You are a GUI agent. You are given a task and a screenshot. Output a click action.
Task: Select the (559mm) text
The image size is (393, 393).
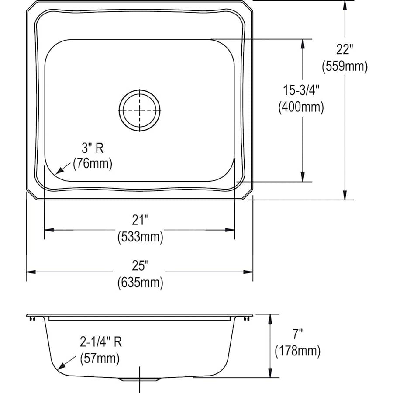(345, 66)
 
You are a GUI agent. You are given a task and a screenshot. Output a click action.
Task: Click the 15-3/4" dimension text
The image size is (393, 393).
(301, 90)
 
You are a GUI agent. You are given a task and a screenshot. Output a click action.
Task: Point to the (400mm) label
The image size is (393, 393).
(301, 107)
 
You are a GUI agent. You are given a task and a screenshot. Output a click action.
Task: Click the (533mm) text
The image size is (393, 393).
(140, 237)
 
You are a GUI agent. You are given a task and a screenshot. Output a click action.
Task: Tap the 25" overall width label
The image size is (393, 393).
(140, 265)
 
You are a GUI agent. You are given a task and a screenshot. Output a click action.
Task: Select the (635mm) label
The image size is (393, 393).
(140, 283)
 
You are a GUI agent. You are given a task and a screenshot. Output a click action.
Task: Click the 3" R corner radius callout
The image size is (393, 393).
(93, 148)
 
